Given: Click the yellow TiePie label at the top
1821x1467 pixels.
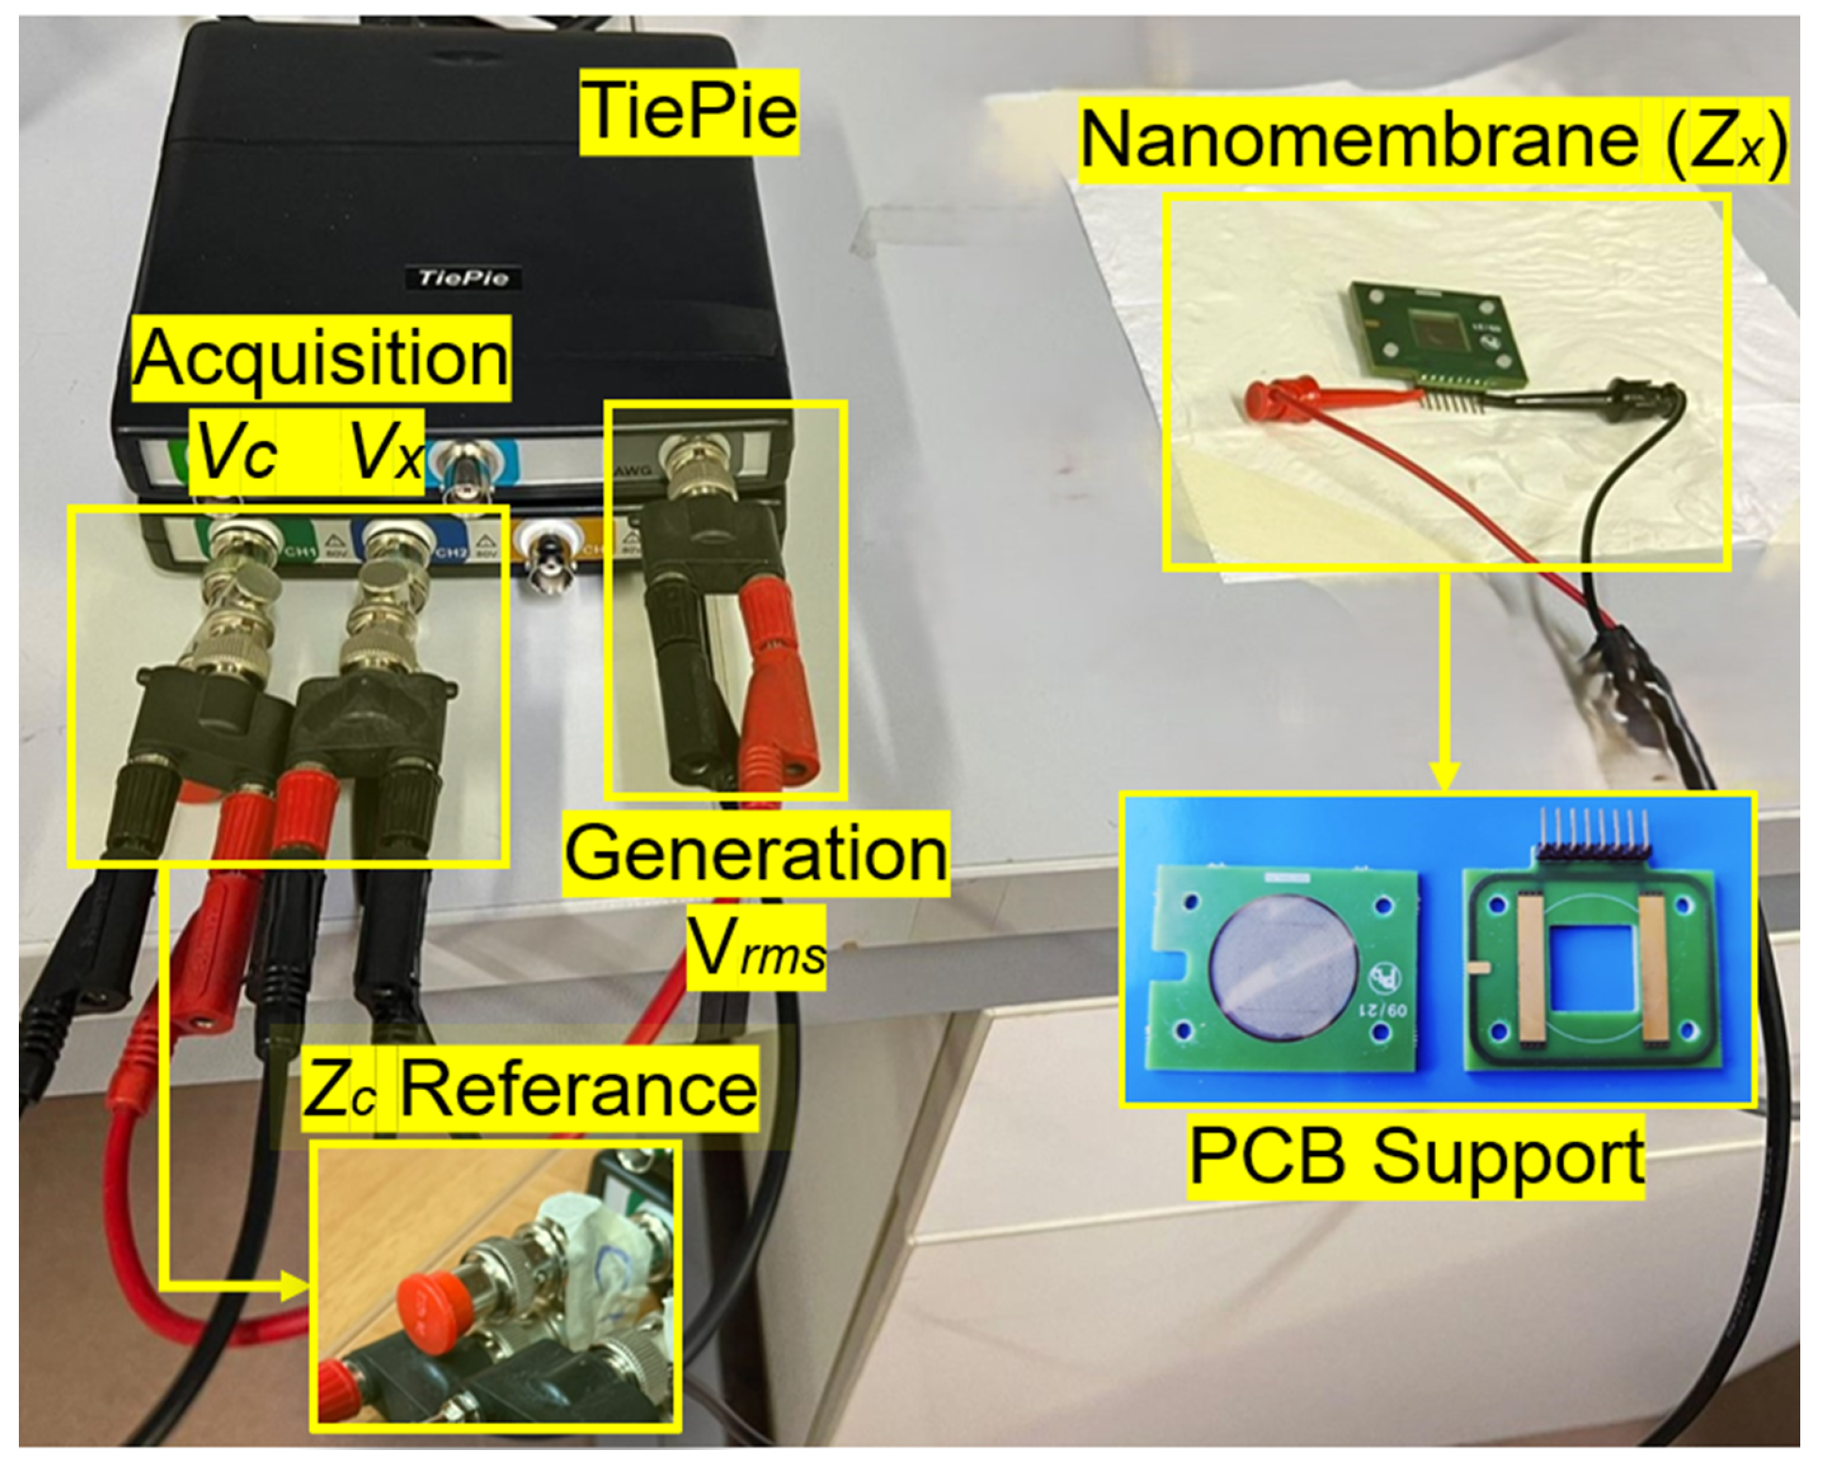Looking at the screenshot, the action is coord(689,112).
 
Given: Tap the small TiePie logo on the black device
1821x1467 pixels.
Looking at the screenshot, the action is coord(462,278).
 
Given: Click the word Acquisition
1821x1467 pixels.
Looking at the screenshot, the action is coord(321,359).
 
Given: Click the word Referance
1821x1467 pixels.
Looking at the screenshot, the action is coord(577,1089).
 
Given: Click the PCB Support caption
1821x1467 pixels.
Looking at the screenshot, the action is coord(1416,1157).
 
